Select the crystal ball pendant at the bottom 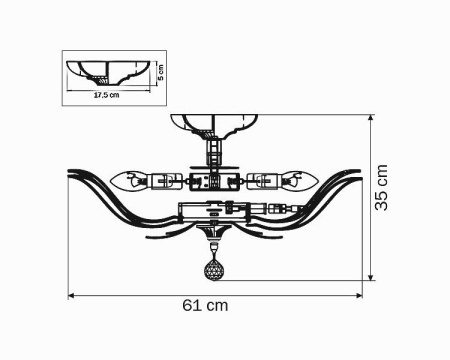pyautogui.click(x=214, y=269)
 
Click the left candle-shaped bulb pyautogui.click(x=130, y=182)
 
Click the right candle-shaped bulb pyautogui.click(x=298, y=182)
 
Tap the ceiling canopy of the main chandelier pyautogui.click(x=212, y=126)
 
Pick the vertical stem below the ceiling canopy pyautogui.click(x=212, y=155)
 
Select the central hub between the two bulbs pyautogui.click(x=212, y=183)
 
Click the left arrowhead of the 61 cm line pyautogui.click(x=71, y=295)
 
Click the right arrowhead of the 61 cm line pyautogui.click(x=359, y=295)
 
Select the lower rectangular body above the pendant pyautogui.click(x=212, y=213)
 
